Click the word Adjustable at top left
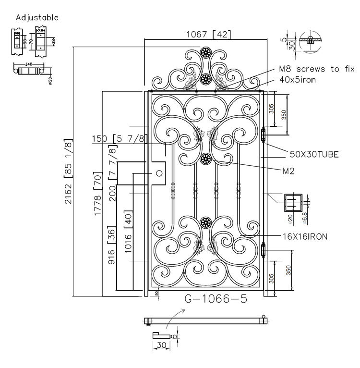(37, 18)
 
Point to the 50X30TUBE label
(314, 154)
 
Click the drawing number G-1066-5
(216, 299)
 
